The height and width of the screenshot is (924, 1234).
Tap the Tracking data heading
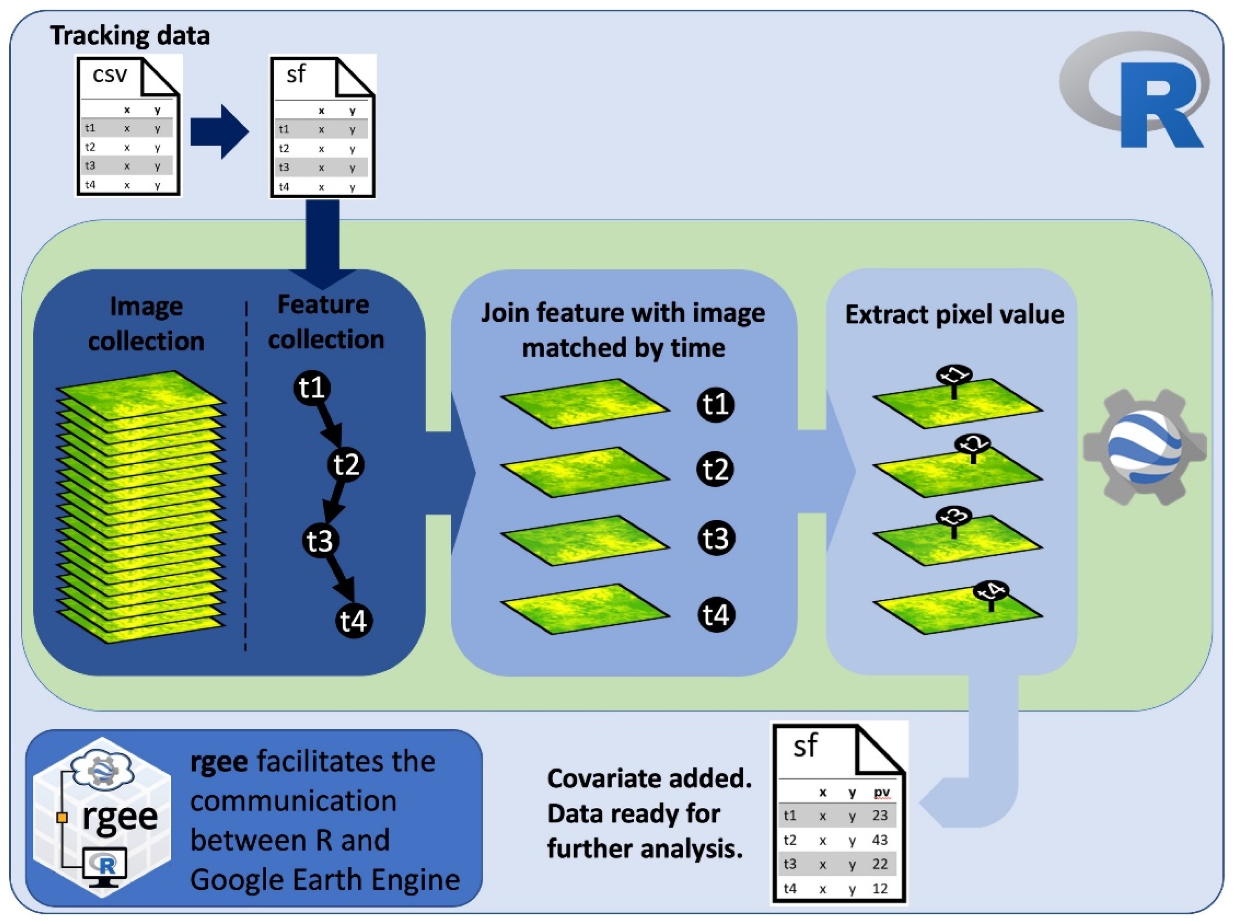pos(130,35)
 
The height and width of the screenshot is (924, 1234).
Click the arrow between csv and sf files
pos(219,132)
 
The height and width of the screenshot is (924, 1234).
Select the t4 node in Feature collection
pos(354,620)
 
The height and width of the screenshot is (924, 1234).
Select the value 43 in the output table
pos(880,840)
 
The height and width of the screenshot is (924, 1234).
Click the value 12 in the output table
pos(880,888)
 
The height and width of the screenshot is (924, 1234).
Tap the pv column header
pos(882,792)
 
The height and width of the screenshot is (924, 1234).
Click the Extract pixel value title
pos(954,314)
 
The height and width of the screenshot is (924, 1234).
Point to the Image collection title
pos(146,324)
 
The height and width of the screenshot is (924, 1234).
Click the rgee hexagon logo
pos(102,817)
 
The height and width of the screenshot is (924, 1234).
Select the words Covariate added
pos(649,778)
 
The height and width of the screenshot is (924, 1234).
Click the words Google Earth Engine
pos(325,880)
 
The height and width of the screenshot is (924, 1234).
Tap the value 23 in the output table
pos(880,815)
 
